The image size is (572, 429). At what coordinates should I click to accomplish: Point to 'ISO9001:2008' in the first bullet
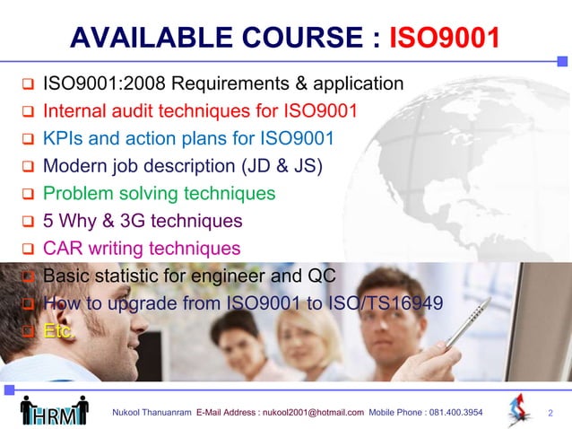point(103,84)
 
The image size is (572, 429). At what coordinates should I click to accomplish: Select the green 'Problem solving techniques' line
point(159,194)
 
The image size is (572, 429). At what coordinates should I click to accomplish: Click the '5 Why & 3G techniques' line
point(143,221)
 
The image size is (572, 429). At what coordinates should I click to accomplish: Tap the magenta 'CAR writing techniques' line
point(142,248)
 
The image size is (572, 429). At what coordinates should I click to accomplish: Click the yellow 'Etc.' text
point(60,330)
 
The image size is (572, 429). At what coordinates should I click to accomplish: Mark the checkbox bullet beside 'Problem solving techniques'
point(27,195)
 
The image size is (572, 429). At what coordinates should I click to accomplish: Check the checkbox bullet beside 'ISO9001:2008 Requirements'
point(27,86)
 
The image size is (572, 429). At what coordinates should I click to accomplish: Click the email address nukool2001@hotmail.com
point(313,413)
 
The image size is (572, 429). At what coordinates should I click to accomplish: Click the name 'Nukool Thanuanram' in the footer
point(151,413)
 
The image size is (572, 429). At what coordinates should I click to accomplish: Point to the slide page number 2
point(550,413)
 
